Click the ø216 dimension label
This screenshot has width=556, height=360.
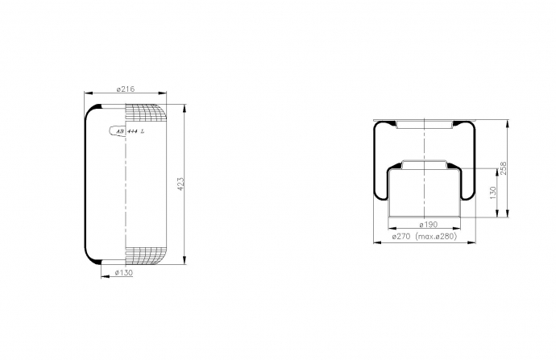coord(126,89)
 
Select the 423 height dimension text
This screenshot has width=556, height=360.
coord(180,184)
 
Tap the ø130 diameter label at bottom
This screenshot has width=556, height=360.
coord(124,272)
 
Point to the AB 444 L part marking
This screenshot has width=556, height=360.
coord(131,131)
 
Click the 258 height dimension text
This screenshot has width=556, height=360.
coord(504,168)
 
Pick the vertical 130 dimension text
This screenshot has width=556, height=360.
coord(493,192)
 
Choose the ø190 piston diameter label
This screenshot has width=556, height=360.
coord(429,224)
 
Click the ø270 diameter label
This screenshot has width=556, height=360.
coord(401,236)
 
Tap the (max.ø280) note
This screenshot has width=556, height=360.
coord(435,236)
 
